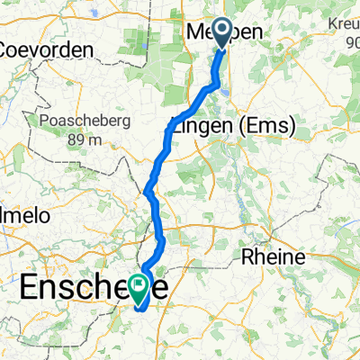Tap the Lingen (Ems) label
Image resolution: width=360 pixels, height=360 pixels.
coord(231,128)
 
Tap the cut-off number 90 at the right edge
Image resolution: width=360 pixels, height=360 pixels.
coord(348,42)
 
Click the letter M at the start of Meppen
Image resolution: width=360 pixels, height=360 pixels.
coord(194,31)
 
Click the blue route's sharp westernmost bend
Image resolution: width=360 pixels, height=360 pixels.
coord(146,190)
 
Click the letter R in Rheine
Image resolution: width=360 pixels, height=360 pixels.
coord(249,257)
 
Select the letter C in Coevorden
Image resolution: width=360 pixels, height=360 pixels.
coord(11,49)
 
